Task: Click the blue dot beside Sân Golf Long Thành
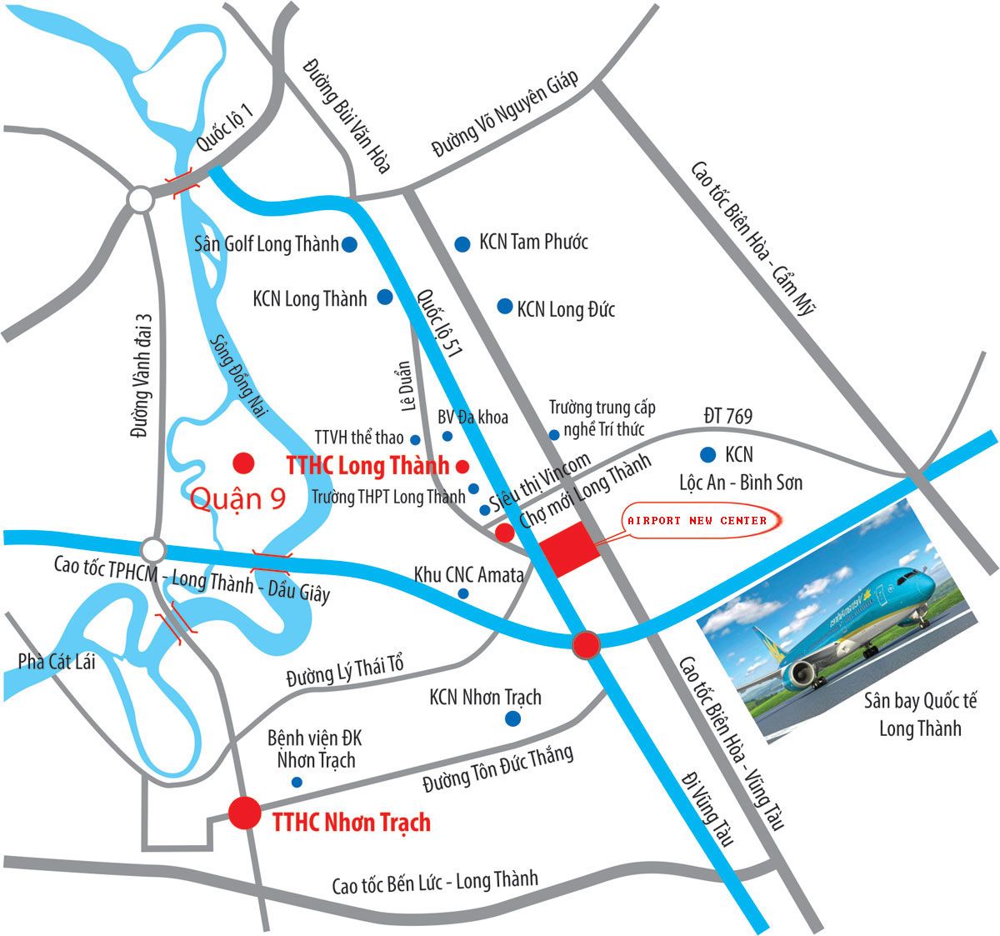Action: coord(350,244)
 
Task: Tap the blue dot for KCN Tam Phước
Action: coord(462,243)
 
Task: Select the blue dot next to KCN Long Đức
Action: coord(504,307)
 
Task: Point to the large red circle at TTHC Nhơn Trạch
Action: coord(245,813)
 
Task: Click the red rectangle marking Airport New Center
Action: coord(569,548)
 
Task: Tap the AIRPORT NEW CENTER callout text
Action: coord(696,520)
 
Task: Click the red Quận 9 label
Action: coord(237,498)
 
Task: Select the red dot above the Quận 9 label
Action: coord(243,462)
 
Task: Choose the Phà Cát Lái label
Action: coord(57,661)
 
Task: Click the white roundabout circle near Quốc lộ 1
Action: coord(140,200)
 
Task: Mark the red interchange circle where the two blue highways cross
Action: coord(586,644)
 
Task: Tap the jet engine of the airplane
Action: coord(802,673)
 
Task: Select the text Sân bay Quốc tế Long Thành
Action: coord(919,713)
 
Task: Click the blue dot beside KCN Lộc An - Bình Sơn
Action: coord(707,454)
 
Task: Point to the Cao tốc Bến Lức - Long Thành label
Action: coord(435,882)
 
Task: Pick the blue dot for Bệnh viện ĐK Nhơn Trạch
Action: coord(297,782)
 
